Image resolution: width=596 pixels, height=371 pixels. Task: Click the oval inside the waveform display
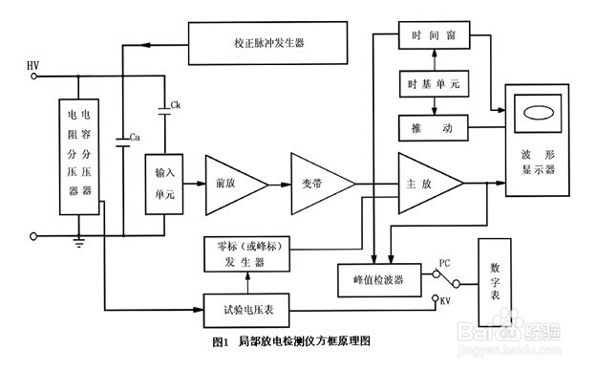(538, 113)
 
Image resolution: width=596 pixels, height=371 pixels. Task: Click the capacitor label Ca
(136, 138)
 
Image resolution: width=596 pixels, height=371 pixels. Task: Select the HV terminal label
(34, 62)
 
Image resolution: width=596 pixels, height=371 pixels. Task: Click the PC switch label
(445, 262)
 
